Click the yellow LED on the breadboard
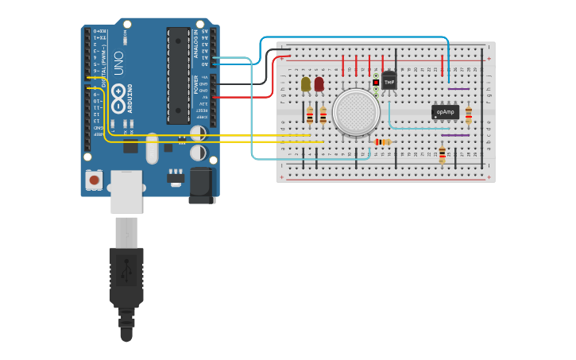tap(306, 83)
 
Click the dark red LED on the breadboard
tap(319, 83)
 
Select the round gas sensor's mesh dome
tap(356, 112)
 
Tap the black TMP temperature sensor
tap(389, 81)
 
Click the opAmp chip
tap(445, 112)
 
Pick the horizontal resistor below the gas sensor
tap(382, 142)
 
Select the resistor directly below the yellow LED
tap(310, 115)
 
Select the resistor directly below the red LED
tap(323, 115)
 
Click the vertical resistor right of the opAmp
tap(468, 114)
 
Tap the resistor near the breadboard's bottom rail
tap(442, 154)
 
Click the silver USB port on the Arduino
tap(126, 192)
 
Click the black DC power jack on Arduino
tap(202, 185)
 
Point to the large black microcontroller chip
tap(178, 75)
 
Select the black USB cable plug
tap(126, 277)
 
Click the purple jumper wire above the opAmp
tap(458, 89)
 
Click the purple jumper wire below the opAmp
tap(455, 135)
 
